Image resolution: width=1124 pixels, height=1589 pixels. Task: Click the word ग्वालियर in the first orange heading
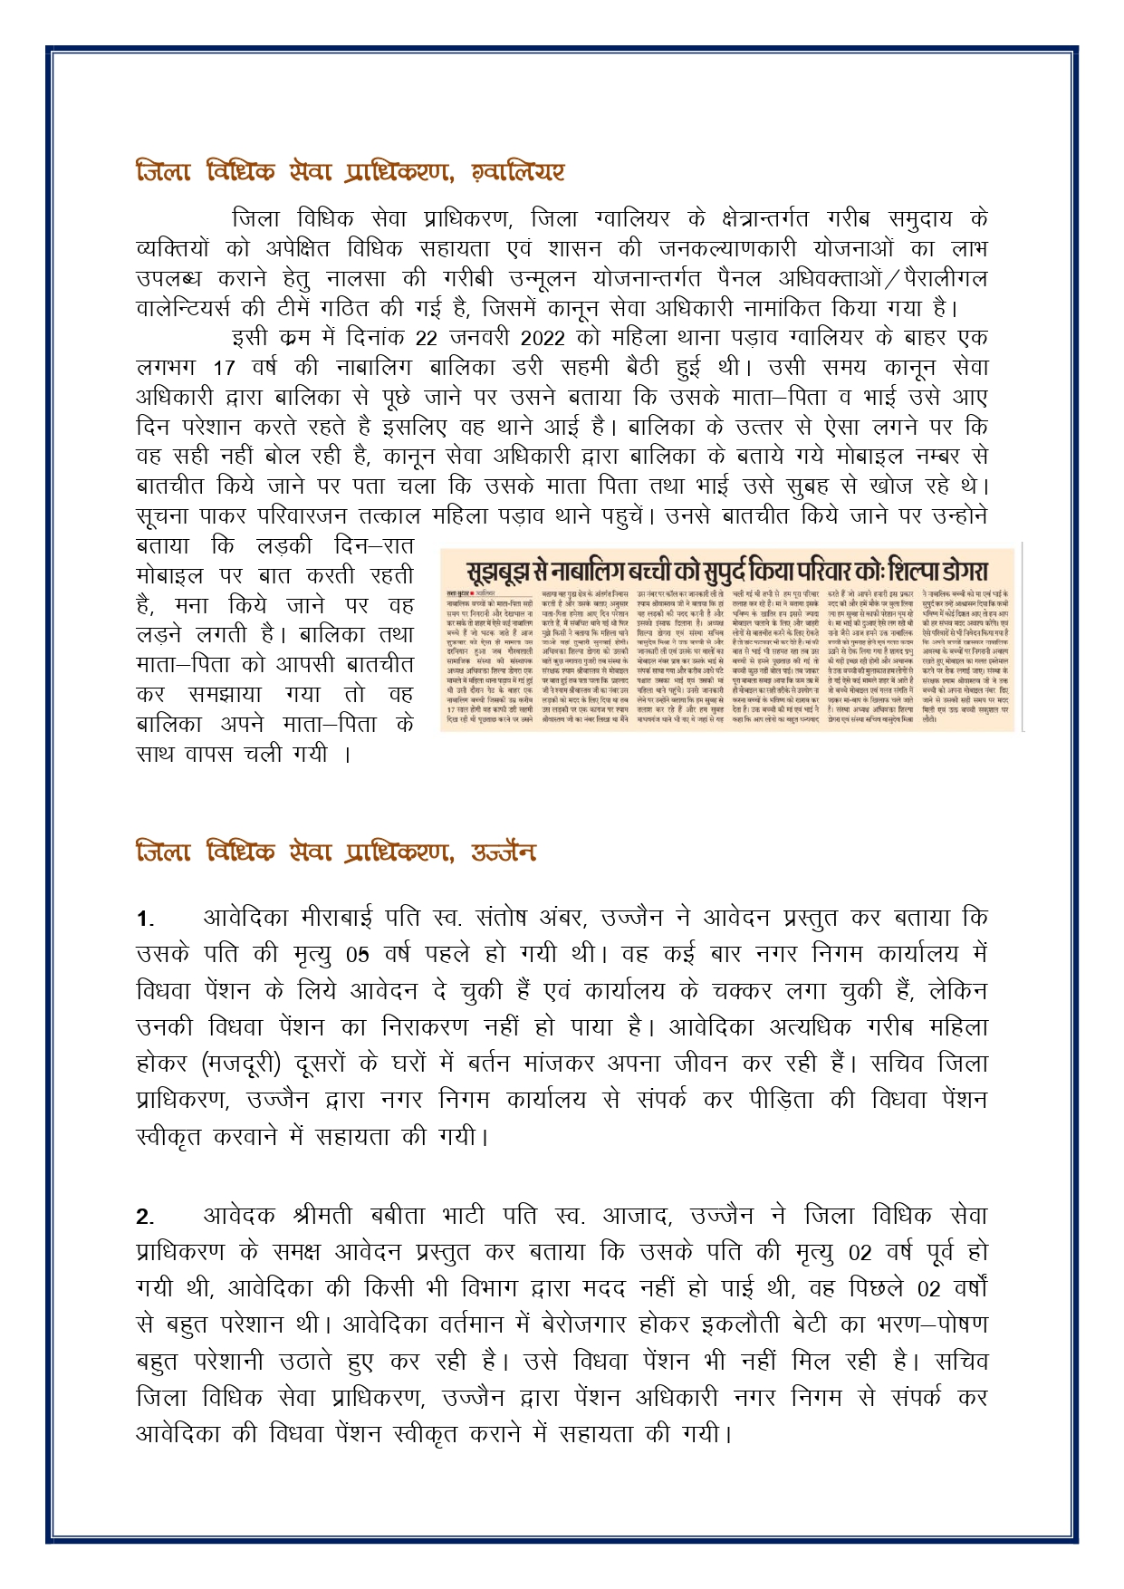[519, 171]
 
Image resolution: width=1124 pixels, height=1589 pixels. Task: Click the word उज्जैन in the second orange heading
[503, 852]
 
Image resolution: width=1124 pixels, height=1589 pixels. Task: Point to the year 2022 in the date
[543, 338]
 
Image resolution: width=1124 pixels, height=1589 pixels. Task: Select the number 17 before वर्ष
[224, 368]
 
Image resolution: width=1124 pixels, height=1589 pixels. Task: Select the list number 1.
[145, 920]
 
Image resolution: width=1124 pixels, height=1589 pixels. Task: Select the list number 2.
[145, 1217]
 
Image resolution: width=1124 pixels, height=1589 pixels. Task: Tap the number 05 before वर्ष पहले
[358, 955]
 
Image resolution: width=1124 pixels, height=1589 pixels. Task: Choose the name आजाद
[634, 1215]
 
